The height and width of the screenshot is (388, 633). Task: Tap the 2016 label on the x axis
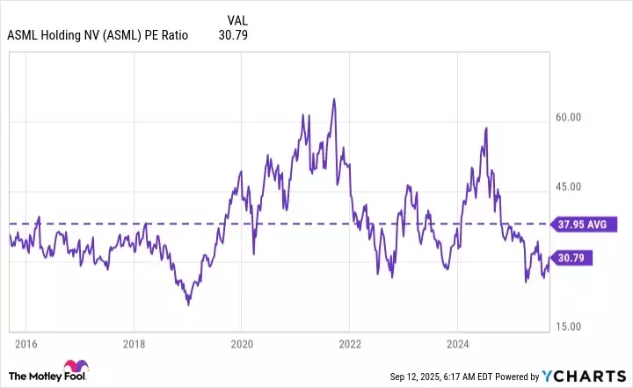pyautogui.click(x=26, y=342)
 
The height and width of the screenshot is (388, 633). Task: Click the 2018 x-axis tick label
pyautogui.click(x=134, y=342)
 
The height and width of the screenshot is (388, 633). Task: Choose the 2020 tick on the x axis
pyautogui.click(x=242, y=342)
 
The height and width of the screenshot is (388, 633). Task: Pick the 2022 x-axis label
pyautogui.click(x=350, y=342)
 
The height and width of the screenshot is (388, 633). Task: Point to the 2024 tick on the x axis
pyautogui.click(x=458, y=342)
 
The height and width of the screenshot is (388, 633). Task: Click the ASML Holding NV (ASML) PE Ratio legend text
pyautogui.click(x=98, y=36)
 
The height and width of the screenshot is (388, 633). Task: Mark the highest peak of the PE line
pyautogui.click(x=334, y=99)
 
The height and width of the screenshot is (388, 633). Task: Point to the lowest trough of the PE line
pyautogui.click(x=188, y=304)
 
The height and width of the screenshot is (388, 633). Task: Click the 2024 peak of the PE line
pyautogui.click(x=486, y=128)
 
